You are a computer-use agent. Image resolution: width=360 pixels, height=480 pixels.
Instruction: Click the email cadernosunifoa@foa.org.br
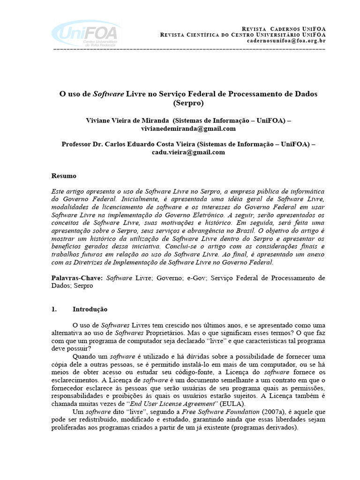tap(286, 41)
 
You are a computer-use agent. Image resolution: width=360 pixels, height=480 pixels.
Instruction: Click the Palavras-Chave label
tap(76, 278)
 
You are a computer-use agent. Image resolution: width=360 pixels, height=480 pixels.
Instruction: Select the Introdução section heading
tap(90, 309)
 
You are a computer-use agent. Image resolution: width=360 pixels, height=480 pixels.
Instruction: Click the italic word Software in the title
tap(108, 94)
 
